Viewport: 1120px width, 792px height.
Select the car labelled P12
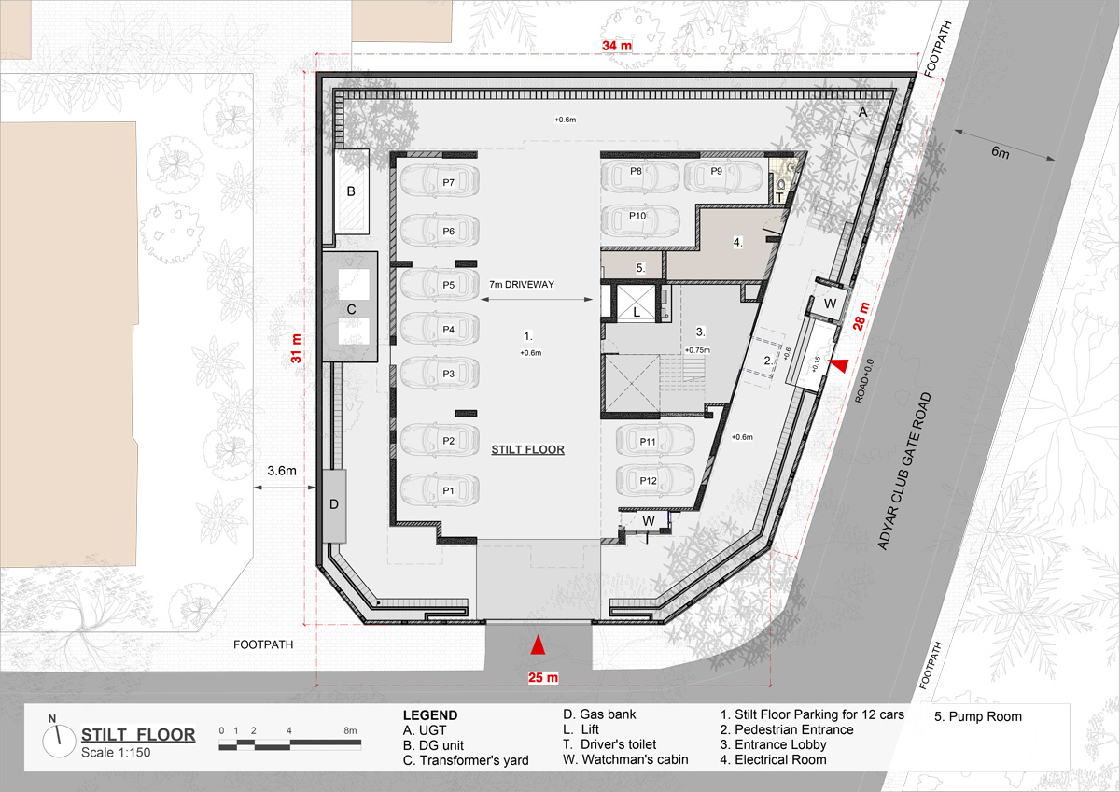655,480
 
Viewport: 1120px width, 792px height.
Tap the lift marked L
636,304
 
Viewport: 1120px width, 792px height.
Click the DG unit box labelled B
352,191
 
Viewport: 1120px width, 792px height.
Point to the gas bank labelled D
334,506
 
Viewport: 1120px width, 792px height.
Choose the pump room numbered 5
633,265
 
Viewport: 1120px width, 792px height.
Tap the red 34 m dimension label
617,46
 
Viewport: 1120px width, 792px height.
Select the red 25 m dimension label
543,677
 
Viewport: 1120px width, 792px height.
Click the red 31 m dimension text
296,348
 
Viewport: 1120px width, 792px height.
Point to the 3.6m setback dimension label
282,471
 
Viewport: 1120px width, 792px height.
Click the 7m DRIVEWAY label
522,284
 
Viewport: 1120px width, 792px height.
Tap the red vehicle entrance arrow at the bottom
538,644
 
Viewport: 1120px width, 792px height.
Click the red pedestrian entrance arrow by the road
838,366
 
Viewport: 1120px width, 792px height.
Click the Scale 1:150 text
116,753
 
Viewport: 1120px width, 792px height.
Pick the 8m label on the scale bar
350,730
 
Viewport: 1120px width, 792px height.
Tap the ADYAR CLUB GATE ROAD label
905,472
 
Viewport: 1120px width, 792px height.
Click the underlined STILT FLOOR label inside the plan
527,449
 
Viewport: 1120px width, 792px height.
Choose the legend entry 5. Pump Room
977,716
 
